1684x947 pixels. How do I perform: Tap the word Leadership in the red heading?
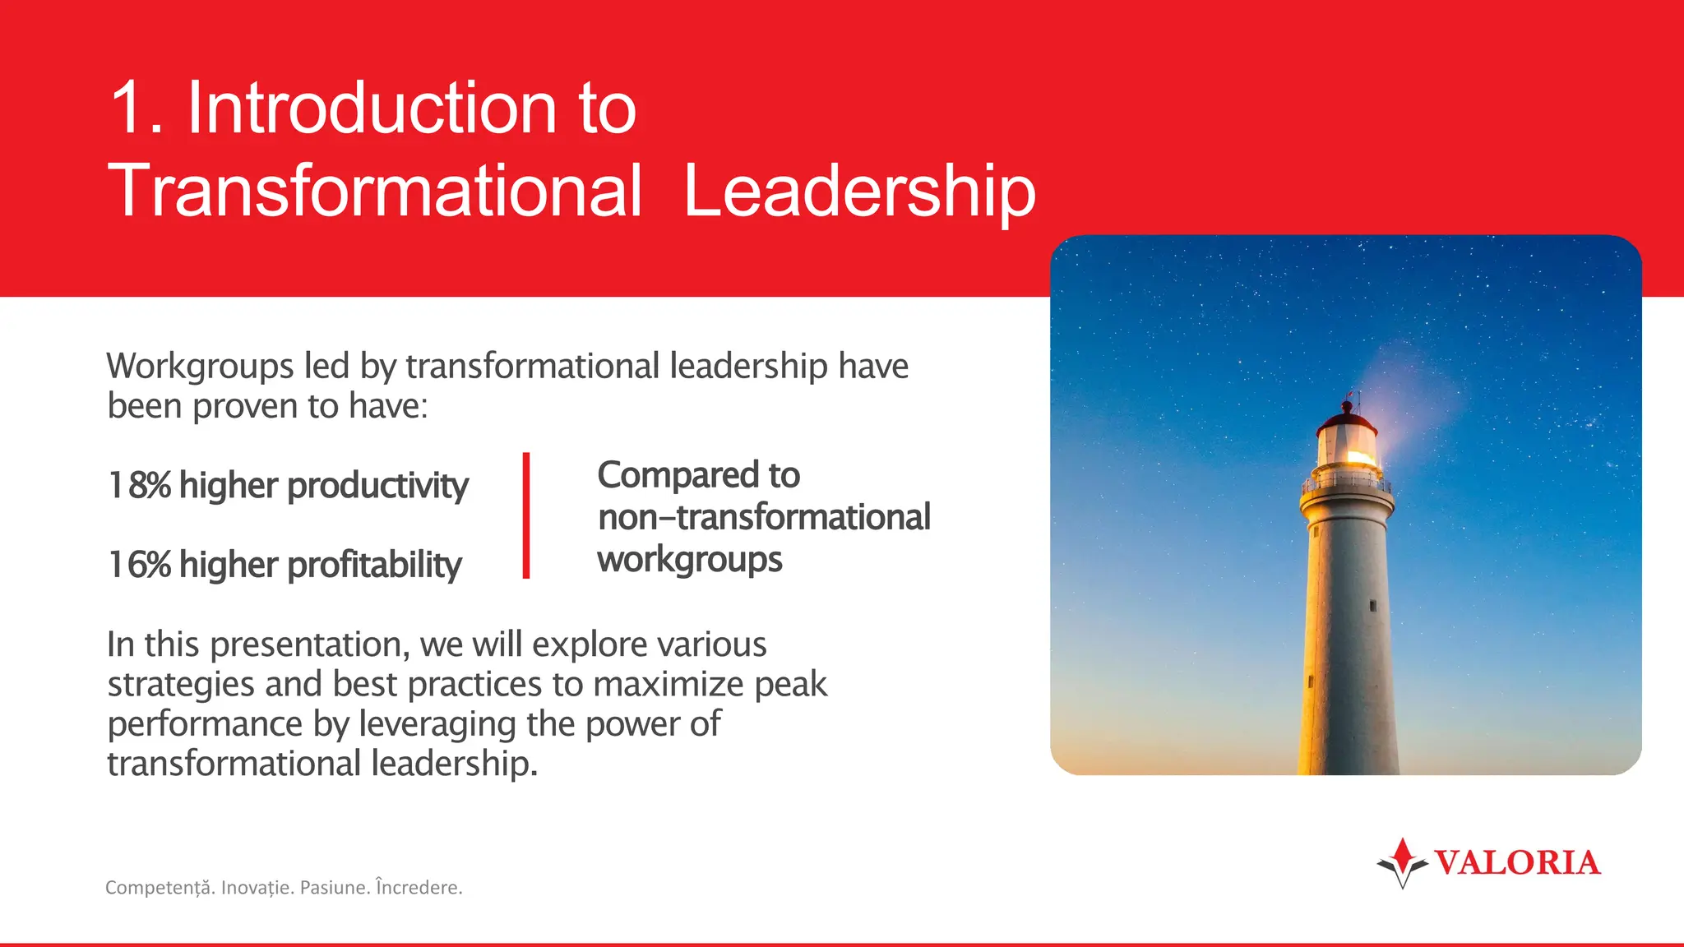coord(859,191)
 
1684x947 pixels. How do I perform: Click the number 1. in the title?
coord(136,109)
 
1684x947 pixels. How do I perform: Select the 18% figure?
coord(140,485)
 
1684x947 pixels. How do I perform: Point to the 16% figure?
coord(140,565)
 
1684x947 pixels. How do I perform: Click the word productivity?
coord(378,485)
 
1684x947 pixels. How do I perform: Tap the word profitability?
coord(375,565)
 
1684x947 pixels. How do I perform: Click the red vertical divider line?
coord(526,515)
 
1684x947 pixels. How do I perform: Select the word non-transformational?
coord(764,517)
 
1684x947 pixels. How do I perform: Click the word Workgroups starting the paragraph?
coord(200,366)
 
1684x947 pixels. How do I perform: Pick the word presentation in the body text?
coord(309,644)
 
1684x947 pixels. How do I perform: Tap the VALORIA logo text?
coord(1517,862)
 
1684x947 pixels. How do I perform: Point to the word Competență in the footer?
coord(159,888)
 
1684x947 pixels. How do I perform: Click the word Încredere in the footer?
coord(419,888)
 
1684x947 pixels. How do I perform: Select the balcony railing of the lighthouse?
coord(1347,483)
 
